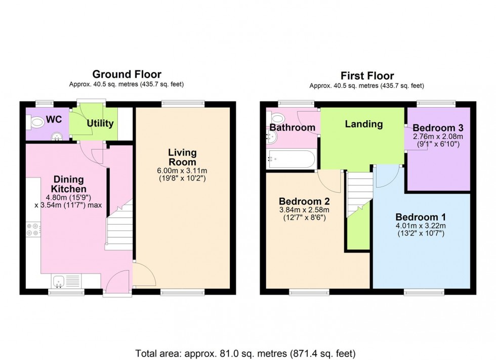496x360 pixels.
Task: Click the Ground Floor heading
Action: click(127, 75)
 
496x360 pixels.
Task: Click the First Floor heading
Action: click(367, 76)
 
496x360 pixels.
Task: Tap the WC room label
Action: click(54, 120)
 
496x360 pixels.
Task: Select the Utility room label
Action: click(100, 123)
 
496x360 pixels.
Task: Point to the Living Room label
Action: click(182, 157)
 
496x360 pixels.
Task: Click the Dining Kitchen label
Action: click(69, 185)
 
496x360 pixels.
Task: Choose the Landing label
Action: click(363, 124)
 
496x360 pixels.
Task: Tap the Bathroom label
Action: click(292, 127)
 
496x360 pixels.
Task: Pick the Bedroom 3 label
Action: click(438, 127)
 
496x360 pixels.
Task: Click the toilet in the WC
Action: click(37, 122)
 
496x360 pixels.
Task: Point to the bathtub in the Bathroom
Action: click(291, 159)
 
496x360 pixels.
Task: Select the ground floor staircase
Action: click(119, 228)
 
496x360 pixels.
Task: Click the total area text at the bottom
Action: click(245, 352)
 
